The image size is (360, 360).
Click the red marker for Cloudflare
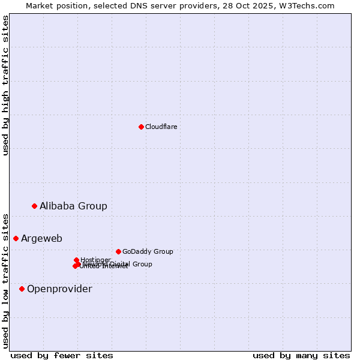point(141,127)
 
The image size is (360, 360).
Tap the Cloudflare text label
point(161,127)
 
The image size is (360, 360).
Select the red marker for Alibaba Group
point(34,206)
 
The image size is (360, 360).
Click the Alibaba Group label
point(73,206)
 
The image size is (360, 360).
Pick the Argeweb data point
point(16,238)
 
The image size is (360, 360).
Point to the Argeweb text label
point(41,239)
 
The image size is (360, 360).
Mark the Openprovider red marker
point(22,289)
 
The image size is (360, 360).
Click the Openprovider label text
point(59,289)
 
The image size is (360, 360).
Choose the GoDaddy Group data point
point(118,251)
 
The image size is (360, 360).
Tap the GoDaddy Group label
point(148,252)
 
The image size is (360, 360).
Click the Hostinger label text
point(95,260)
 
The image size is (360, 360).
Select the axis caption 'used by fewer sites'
point(62,356)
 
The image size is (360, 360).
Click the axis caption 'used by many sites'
point(301,356)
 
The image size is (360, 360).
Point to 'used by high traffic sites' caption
point(5,85)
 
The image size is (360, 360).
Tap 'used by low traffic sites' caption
point(5,280)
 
